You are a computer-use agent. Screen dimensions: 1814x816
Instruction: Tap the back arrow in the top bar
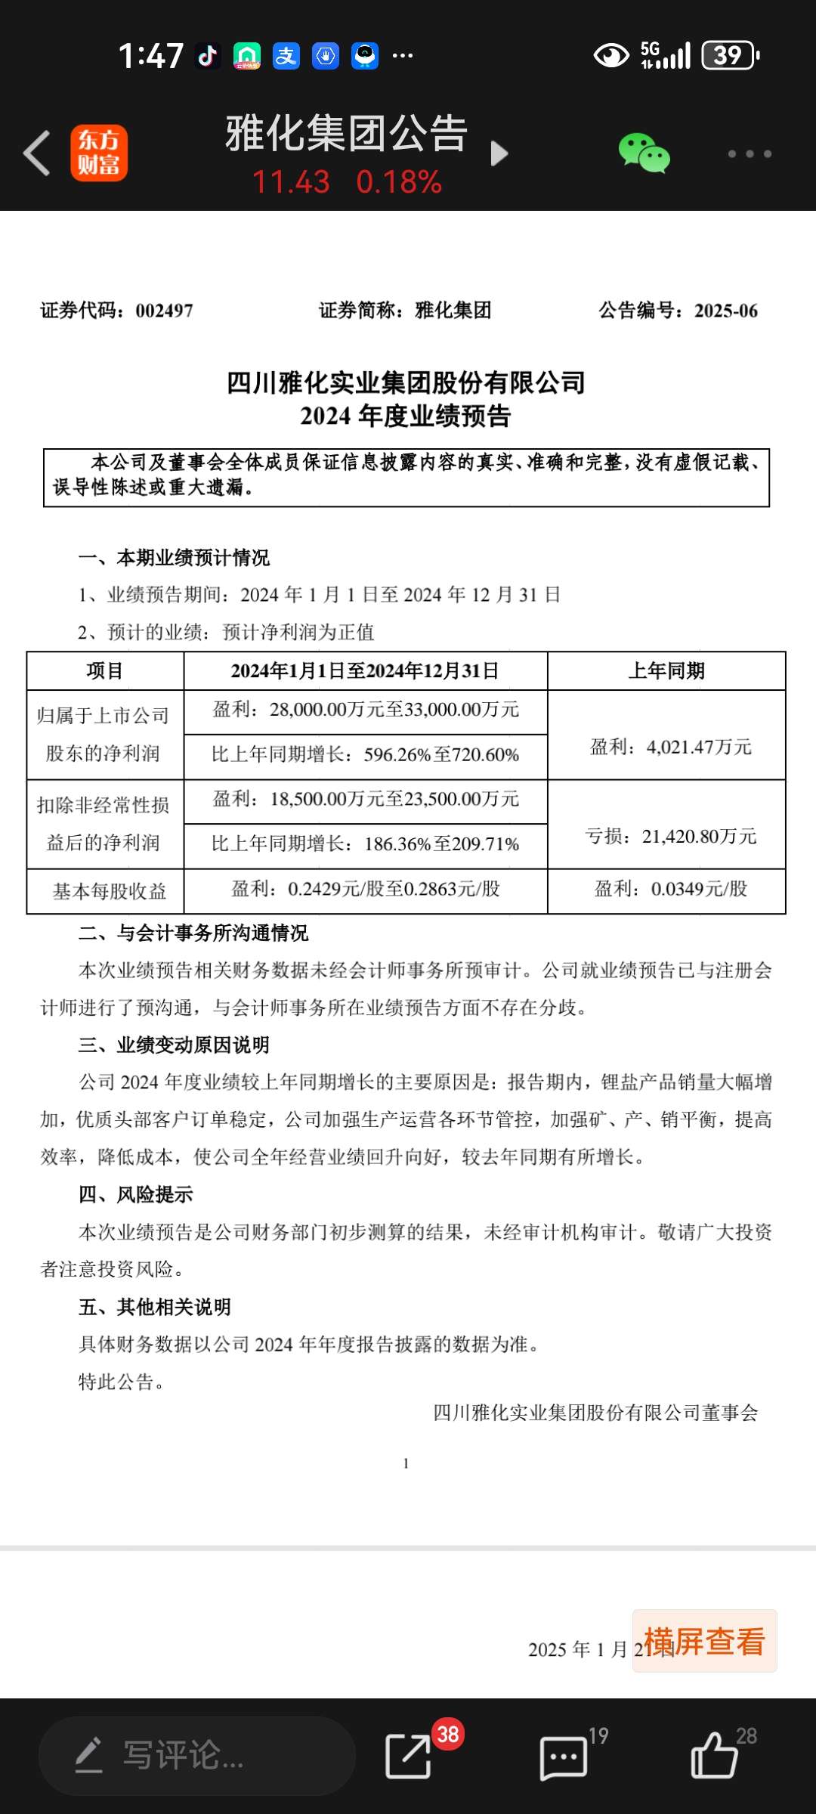pyautogui.click(x=37, y=153)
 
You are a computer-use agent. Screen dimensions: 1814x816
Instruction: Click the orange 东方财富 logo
pyautogui.click(x=99, y=153)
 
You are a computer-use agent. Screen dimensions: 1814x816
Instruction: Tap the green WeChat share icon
pyautogui.click(x=644, y=153)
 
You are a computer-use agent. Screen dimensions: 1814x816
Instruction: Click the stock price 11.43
pyautogui.click(x=291, y=182)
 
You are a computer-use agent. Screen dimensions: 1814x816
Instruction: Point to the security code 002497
pyautogui.click(x=164, y=311)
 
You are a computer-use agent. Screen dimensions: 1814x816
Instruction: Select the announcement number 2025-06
pyautogui.click(x=725, y=311)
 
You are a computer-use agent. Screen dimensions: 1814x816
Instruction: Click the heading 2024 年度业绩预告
pyautogui.click(x=406, y=416)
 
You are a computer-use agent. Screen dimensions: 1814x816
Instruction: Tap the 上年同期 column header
pyautogui.click(x=666, y=671)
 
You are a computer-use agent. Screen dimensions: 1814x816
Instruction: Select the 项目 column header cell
pyautogui.click(x=105, y=671)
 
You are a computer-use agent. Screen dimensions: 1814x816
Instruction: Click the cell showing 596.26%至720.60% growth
pyautogui.click(x=366, y=755)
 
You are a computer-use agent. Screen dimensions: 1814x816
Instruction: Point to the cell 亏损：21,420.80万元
pyautogui.click(x=670, y=837)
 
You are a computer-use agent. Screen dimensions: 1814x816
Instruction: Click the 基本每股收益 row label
pyautogui.click(x=109, y=892)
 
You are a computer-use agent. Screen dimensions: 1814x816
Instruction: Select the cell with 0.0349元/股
pyautogui.click(x=670, y=890)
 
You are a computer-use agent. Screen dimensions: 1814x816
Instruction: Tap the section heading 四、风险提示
pyautogui.click(x=136, y=1195)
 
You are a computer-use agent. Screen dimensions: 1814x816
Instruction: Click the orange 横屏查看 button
pyautogui.click(x=704, y=1641)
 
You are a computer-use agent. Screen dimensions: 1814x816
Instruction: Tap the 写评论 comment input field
pyautogui.click(x=196, y=1755)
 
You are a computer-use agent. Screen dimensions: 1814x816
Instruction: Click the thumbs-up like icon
pyautogui.click(x=713, y=1755)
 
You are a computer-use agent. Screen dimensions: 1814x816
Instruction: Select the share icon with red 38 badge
pyautogui.click(x=409, y=1755)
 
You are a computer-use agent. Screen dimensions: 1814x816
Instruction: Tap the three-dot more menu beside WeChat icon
pyautogui.click(x=750, y=154)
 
